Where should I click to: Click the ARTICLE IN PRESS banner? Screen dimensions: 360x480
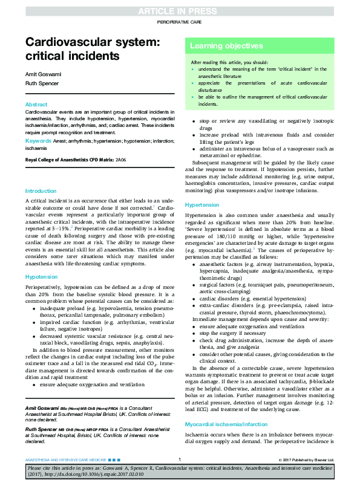pos(180,10)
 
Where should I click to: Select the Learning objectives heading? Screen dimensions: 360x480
pos(218,46)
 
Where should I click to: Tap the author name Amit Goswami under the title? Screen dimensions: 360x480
pos(39,73)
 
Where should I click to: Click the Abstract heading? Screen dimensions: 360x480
pos(36,105)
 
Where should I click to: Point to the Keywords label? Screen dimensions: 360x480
pos(38,141)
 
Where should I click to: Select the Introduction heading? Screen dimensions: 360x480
pos(41,191)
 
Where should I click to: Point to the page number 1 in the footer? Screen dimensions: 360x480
pos(180,460)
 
